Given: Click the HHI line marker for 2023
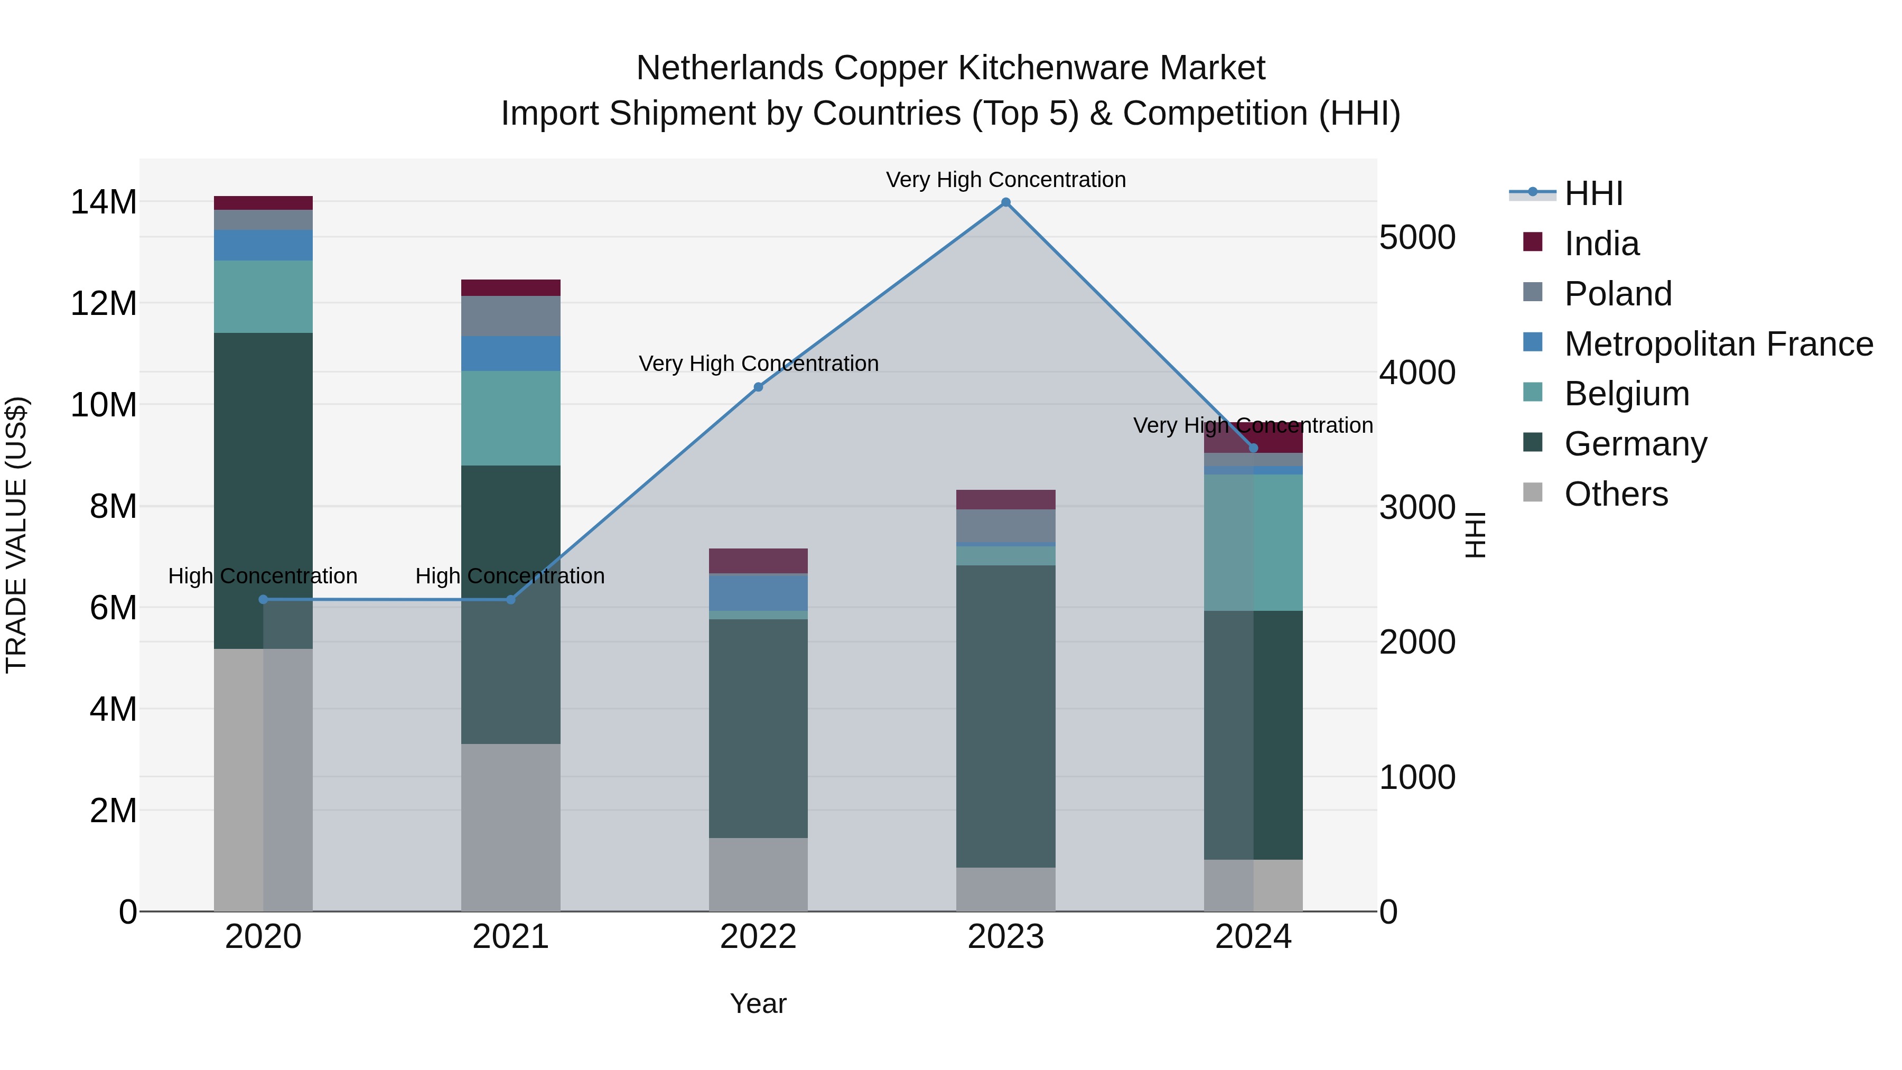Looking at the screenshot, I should pyautogui.click(x=1005, y=202).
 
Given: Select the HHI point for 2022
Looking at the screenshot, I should pyautogui.click(x=758, y=387).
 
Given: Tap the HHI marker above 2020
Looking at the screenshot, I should pyautogui.click(x=264, y=600).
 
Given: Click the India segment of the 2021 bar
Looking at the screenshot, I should pyautogui.click(x=510, y=288).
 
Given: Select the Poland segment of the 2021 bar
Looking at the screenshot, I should pyautogui.click(x=510, y=316).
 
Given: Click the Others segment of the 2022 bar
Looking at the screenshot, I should pyautogui.click(x=758, y=874).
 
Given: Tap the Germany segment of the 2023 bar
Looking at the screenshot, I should pyautogui.click(x=1005, y=717).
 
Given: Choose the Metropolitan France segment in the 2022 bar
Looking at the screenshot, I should pyautogui.click(x=758, y=592).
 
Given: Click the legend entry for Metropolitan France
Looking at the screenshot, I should pyautogui.click(x=1718, y=344).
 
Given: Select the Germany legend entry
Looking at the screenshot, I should pyautogui.click(x=1635, y=444).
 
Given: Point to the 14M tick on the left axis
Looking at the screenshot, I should pyautogui.click(x=104, y=202).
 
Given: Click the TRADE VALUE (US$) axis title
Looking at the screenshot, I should pyautogui.click(x=17, y=535).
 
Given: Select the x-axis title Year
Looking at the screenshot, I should pyautogui.click(x=758, y=1003).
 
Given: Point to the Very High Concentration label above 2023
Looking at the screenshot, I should pyautogui.click(x=1005, y=180).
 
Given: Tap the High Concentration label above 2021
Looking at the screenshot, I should pyautogui.click(x=510, y=576).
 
